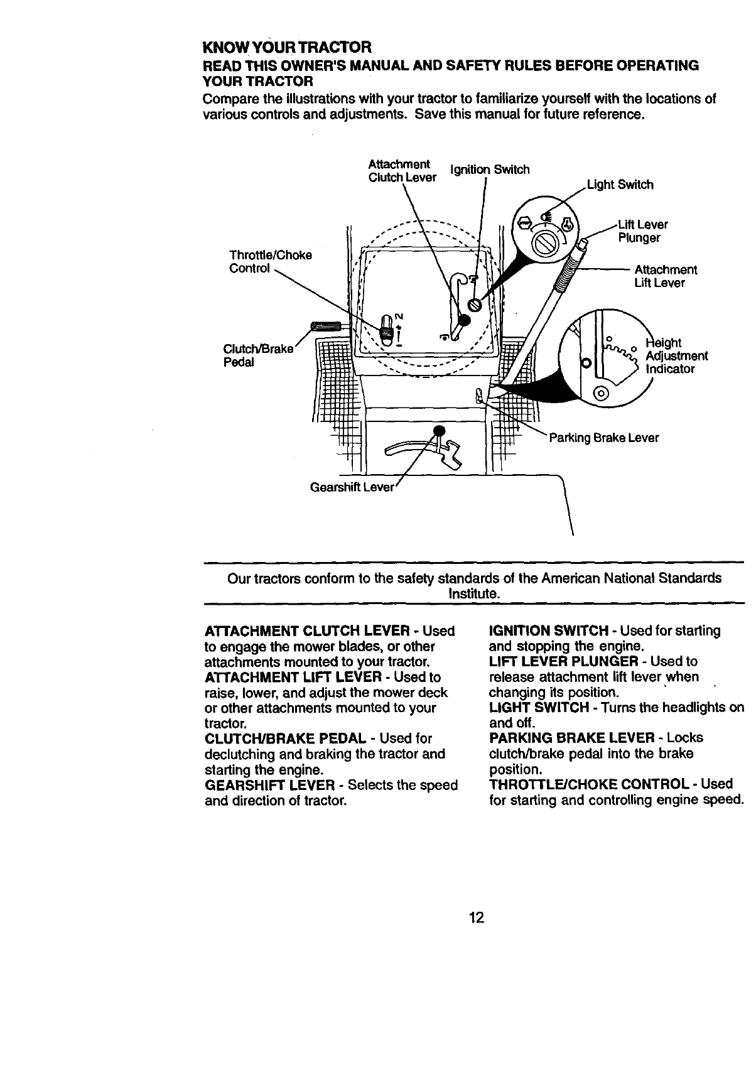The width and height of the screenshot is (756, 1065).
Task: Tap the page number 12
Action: click(476, 917)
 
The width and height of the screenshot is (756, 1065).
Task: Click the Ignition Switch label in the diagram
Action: click(490, 170)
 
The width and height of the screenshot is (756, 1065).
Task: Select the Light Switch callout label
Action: click(620, 185)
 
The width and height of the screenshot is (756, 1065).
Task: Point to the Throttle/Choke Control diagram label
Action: click(270, 262)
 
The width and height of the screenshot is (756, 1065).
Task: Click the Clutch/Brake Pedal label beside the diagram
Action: click(258, 356)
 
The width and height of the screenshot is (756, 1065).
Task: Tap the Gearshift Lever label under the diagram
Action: click(352, 488)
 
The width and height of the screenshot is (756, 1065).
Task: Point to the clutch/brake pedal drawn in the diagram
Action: click(325, 325)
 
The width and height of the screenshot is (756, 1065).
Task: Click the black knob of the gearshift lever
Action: click(439, 430)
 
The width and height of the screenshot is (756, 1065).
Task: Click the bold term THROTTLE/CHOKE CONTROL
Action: click(588, 784)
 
